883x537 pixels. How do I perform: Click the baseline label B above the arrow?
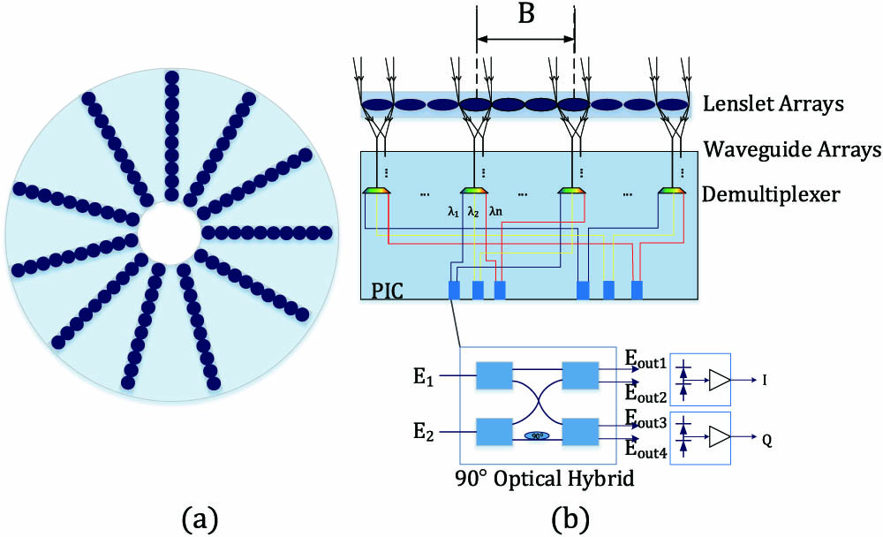tap(525, 18)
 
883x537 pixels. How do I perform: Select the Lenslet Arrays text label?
tap(774, 104)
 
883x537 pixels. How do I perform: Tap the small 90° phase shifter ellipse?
tap(537, 435)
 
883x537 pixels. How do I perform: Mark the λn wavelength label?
tap(497, 212)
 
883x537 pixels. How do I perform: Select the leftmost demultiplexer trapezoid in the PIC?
tap(379, 189)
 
